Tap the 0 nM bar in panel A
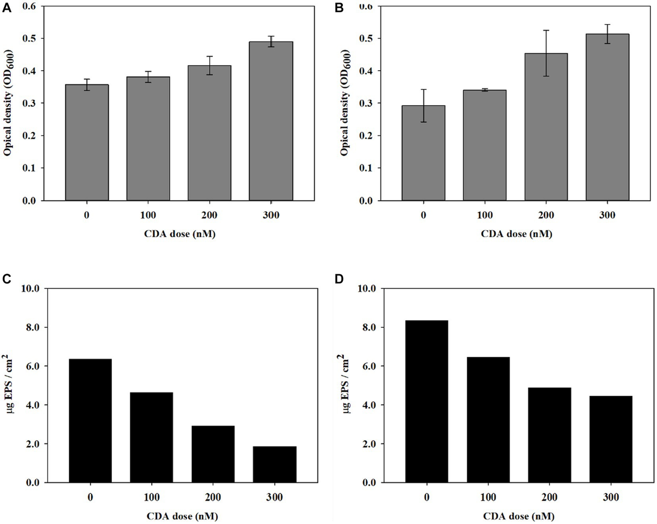[x=87, y=143]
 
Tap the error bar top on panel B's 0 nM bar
[x=423, y=89]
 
